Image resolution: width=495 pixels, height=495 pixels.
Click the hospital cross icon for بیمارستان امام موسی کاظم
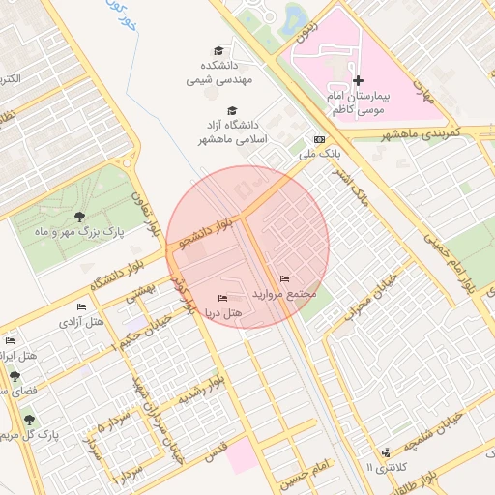point(358,80)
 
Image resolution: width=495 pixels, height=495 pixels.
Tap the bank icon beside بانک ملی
point(320,138)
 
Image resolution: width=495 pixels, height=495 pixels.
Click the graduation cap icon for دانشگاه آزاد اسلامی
point(232,111)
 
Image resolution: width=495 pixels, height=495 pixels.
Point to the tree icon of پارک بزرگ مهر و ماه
point(78,217)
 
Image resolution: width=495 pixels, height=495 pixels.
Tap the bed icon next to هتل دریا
point(223,298)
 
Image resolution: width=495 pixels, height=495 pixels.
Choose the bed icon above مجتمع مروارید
point(284,278)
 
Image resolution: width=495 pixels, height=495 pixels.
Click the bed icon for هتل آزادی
point(81,306)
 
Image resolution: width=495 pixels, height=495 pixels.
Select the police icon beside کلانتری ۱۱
point(388,451)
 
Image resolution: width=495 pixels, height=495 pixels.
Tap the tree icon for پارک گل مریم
point(29,420)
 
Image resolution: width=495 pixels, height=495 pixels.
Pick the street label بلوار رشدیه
point(202,391)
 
